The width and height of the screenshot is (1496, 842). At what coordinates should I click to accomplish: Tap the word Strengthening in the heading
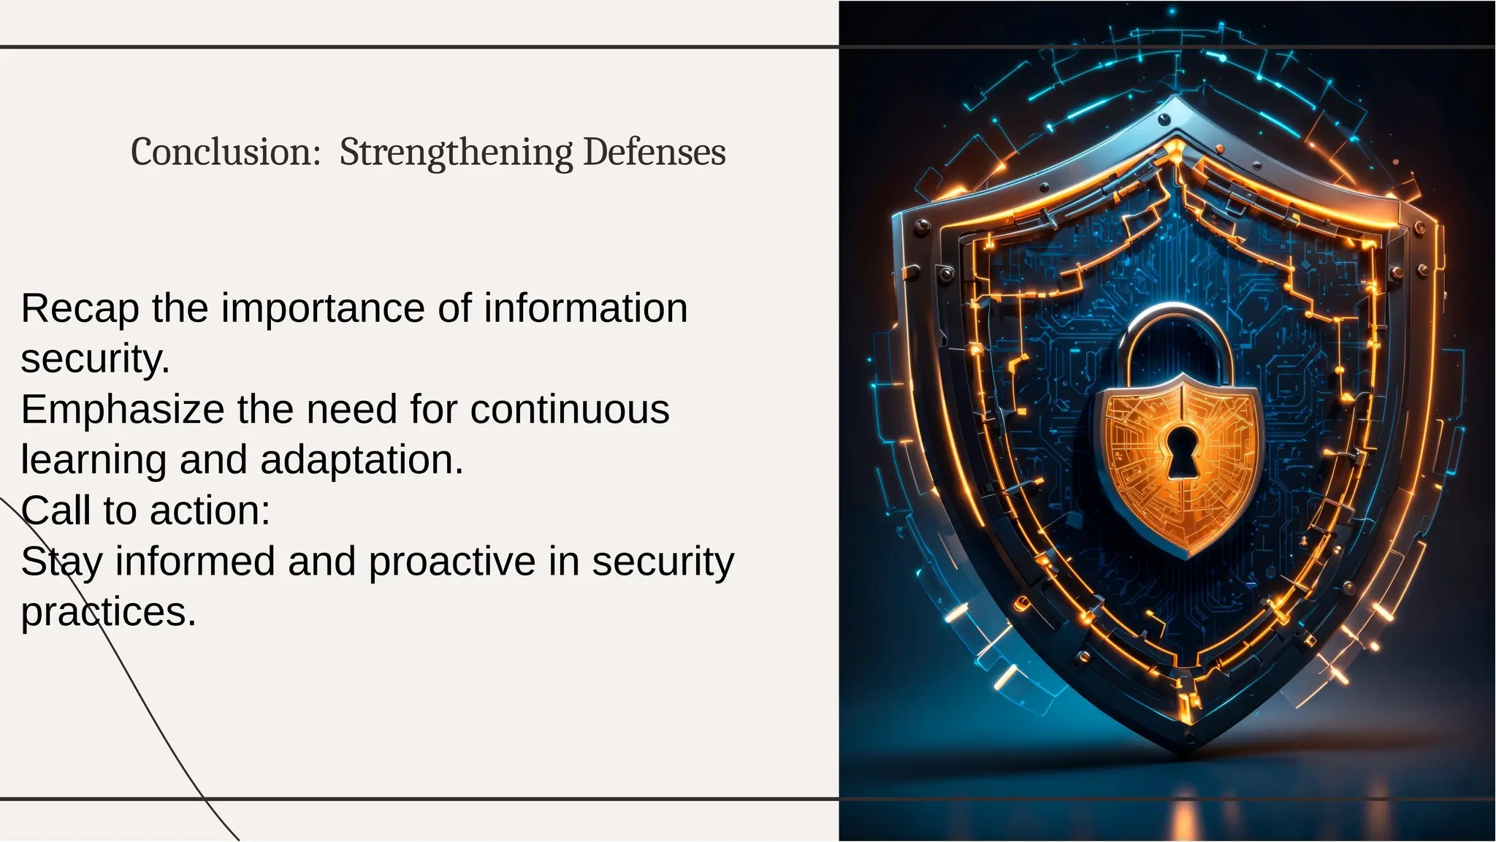[456, 153]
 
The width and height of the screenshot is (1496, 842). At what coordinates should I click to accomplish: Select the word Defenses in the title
[654, 152]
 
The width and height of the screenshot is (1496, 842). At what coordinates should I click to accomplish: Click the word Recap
[80, 309]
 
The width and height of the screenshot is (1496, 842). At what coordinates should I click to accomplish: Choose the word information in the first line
[586, 308]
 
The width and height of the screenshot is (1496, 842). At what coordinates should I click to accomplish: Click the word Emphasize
[122, 410]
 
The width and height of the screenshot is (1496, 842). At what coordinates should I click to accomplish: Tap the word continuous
[570, 409]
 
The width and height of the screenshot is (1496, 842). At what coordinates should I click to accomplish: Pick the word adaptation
[362, 460]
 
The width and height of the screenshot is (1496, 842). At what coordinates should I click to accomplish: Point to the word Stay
[61, 562]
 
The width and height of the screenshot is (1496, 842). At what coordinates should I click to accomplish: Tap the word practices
[108, 612]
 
